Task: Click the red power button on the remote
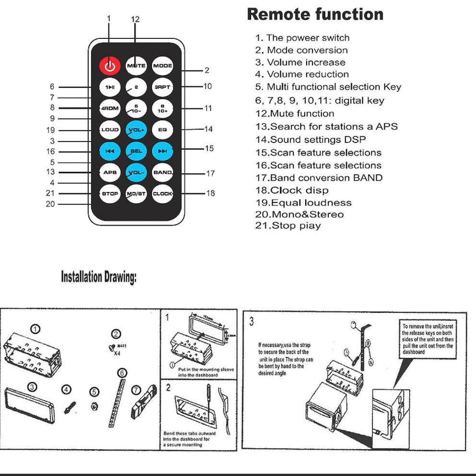tap(109, 66)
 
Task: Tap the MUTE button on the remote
tap(136, 66)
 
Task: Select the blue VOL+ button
tap(136, 130)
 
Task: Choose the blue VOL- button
tap(136, 172)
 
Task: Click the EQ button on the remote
tap(162, 130)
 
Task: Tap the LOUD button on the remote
tap(109, 130)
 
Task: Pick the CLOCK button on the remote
tap(162, 194)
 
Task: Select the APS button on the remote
tap(109, 172)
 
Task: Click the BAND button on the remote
tap(162, 172)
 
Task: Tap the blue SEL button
tap(136, 151)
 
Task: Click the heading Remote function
tap(315, 14)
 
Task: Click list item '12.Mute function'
tap(295, 114)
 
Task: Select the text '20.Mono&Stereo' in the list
tap(299, 214)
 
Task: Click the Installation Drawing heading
tap(98, 277)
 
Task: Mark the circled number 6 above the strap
tap(122, 373)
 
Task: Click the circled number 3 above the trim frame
tap(32, 387)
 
